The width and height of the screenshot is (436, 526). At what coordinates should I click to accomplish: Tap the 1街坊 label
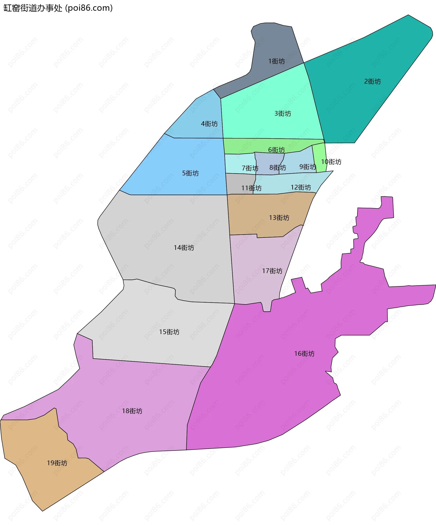tap(276, 61)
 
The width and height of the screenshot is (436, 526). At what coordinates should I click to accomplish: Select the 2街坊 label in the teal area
tap(372, 81)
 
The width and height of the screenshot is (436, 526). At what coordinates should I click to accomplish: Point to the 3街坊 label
tap(283, 113)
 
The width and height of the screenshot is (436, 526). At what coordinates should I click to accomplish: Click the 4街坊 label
tap(209, 124)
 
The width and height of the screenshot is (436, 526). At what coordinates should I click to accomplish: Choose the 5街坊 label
tap(190, 173)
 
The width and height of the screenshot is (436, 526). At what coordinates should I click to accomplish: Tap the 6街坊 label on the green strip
tap(276, 150)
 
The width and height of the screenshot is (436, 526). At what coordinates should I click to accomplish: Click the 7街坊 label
tap(250, 168)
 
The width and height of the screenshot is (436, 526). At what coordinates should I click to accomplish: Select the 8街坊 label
tap(278, 168)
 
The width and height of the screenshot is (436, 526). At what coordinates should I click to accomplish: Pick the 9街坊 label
tap(307, 167)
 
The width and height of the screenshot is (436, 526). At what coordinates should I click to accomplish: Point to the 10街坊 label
tap(331, 162)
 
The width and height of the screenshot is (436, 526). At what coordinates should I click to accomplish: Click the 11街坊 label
tap(251, 188)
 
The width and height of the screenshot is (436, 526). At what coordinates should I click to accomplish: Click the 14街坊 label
tap(184, 248)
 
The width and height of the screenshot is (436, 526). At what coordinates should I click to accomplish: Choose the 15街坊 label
tap(169, 332)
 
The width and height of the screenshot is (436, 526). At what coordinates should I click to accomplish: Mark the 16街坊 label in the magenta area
tap(304, 354)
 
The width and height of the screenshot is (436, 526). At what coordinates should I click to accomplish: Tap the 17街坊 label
tap(272, 271)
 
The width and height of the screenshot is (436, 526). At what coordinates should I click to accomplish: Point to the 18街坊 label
tap(132, 411)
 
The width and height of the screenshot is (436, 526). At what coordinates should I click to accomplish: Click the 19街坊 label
tap(57, 463)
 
